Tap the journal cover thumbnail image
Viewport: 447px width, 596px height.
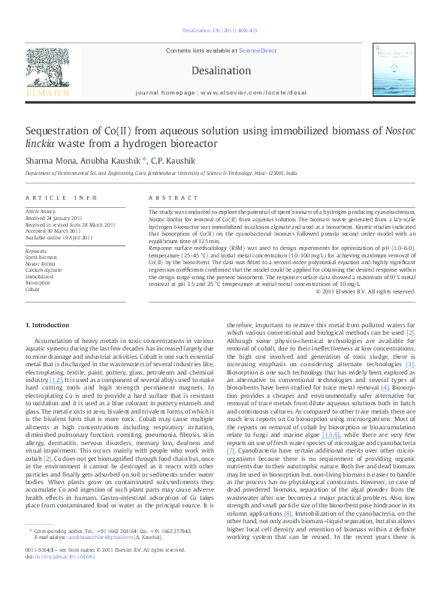(397, 72)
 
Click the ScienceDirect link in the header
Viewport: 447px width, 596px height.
(258, 51)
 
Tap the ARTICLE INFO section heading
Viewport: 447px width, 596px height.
(62, 197)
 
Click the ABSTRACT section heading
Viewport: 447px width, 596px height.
(169, 197)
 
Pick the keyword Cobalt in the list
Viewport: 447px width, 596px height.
(32, 288)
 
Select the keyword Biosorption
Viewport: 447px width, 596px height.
(39, 282)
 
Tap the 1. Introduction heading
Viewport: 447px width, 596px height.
(47, 325)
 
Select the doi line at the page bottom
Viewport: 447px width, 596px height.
(60, 577)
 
